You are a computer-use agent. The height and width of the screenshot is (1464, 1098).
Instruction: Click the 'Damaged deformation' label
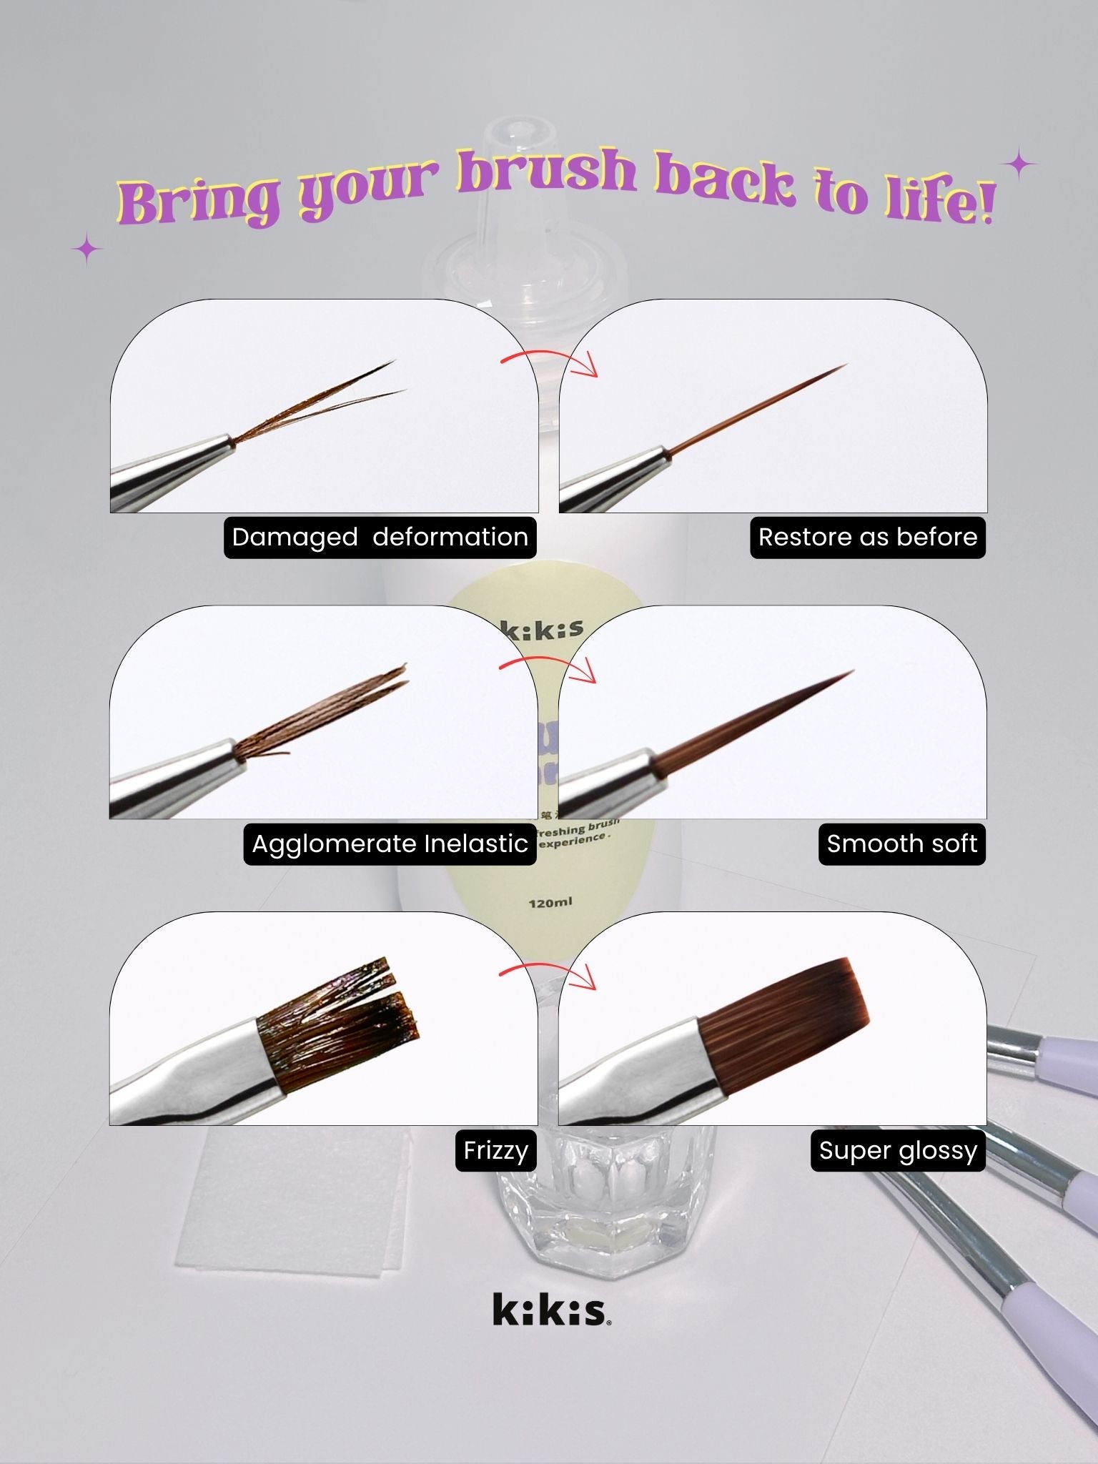click(380, 537)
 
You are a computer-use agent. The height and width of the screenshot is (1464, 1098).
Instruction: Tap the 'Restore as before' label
click(867, 537)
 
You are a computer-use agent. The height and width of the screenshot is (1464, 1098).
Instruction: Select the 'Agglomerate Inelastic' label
click(390, 844)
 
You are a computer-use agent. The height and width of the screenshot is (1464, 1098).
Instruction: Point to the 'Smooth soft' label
click(901, 844)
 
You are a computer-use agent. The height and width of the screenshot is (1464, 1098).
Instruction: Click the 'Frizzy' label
click(495, 1150)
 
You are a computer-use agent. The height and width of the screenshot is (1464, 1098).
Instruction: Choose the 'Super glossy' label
click(898, 1150)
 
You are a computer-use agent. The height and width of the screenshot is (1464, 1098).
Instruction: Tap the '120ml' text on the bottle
click(550, 903)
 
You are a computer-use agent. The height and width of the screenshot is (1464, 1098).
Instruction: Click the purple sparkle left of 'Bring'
click(87, 249)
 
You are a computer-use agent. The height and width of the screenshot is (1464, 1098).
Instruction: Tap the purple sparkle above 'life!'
click(1019, 166)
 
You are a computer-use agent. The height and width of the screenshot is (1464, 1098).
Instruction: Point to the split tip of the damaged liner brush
click(382, 379)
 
